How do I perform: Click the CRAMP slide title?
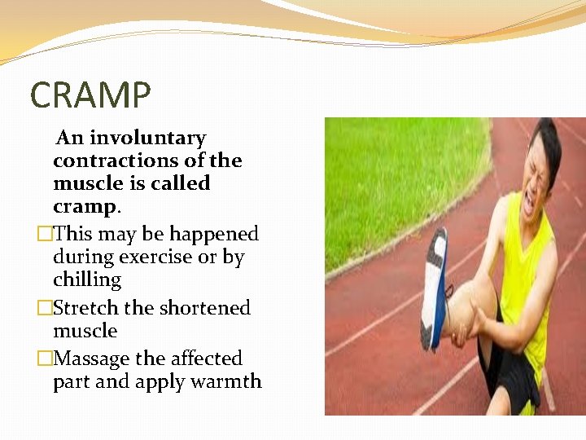point(90,95)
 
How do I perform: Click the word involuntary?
point(147,139)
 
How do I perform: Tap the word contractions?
point(121,161)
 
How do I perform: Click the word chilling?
point(87,280)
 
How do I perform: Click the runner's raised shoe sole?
point(434,289)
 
